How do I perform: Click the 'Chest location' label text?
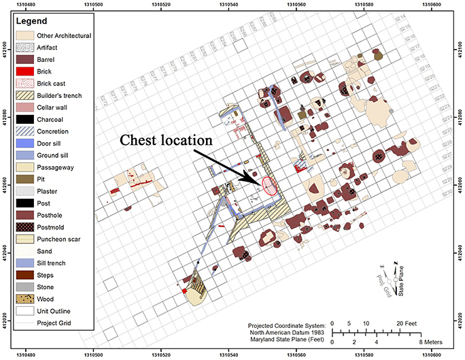coord(167,141)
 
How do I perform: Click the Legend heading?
coord(33,22)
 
